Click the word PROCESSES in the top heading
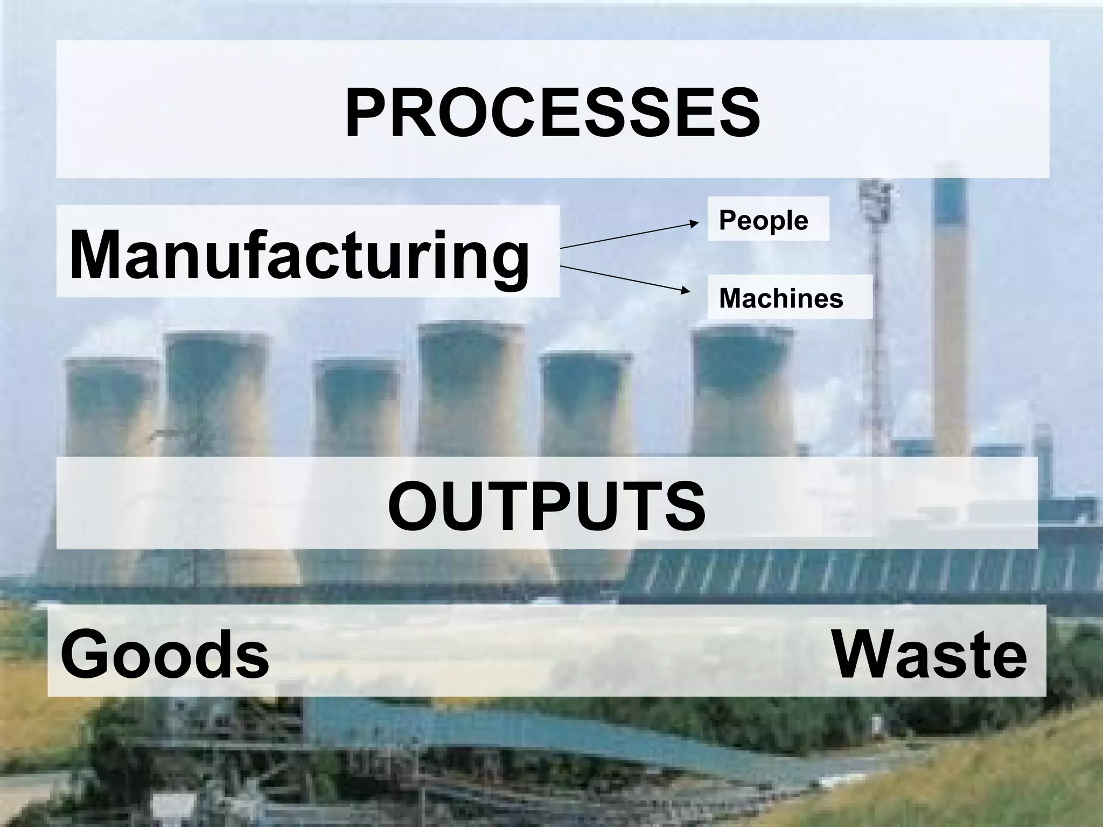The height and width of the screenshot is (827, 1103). click(553, 113)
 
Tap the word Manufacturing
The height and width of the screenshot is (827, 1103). click(299, 254)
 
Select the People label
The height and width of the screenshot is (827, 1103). click(763, 220)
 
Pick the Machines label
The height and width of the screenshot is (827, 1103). click(781, 298)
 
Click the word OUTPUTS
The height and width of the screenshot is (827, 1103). click(546, 506)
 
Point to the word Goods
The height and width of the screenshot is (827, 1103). click(165, 655)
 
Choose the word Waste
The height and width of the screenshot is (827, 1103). click(930, 655)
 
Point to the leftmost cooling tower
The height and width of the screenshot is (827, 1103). click(110, 409)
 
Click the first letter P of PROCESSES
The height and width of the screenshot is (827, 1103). click(366, 113)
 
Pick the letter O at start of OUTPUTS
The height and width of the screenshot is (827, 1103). click(411, 506)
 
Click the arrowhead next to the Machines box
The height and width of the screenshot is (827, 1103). click(685, 291)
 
